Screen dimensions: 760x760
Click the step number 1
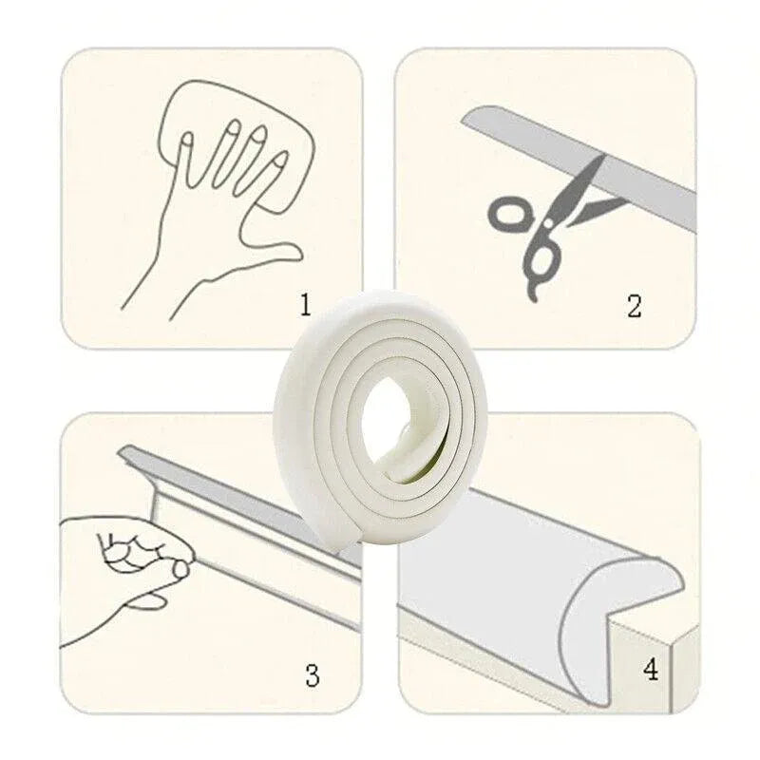(x=305, y=305)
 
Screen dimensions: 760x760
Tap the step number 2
(x=634, y=305)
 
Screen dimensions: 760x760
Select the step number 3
(x=313, y=674)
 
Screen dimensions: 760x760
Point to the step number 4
(x=651, y=669)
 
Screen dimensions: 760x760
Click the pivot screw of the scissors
(x=548, y=224)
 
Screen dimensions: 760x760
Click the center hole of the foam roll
(x=388, y=411)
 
